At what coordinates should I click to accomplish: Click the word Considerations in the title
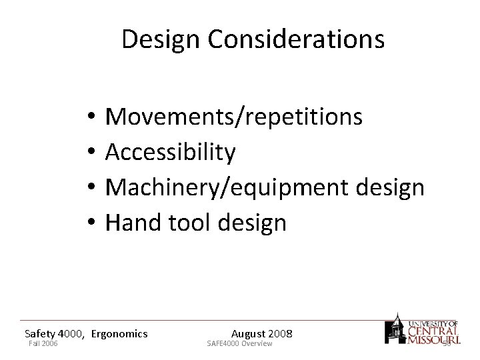pyautogui.click(x=297, y=40)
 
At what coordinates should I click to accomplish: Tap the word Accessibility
pyautogui.click(x=171, y=153)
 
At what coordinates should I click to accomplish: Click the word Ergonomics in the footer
pyautogui.click(x=119, y=333)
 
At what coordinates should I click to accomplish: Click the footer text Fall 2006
pyautogui.click(x=43, y=343)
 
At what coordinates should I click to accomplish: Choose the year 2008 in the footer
pyautogui.click(x=280, y=333)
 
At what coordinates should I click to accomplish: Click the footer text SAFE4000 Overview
pyautogui.click(x=240, y=343)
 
